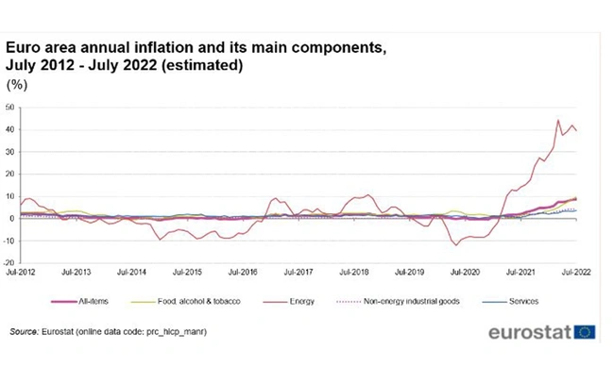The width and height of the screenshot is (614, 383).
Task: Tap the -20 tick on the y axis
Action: (9, 263)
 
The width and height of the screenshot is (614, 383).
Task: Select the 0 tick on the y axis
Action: (13, 219)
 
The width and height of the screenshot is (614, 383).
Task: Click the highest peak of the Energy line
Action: (558, 120)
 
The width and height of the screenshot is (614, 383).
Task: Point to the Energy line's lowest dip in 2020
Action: (457, 245)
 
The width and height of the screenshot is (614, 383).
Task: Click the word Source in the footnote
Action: (26, 333)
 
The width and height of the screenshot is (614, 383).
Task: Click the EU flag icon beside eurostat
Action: (585, 332)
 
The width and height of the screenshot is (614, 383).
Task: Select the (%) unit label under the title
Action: (16, 85)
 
